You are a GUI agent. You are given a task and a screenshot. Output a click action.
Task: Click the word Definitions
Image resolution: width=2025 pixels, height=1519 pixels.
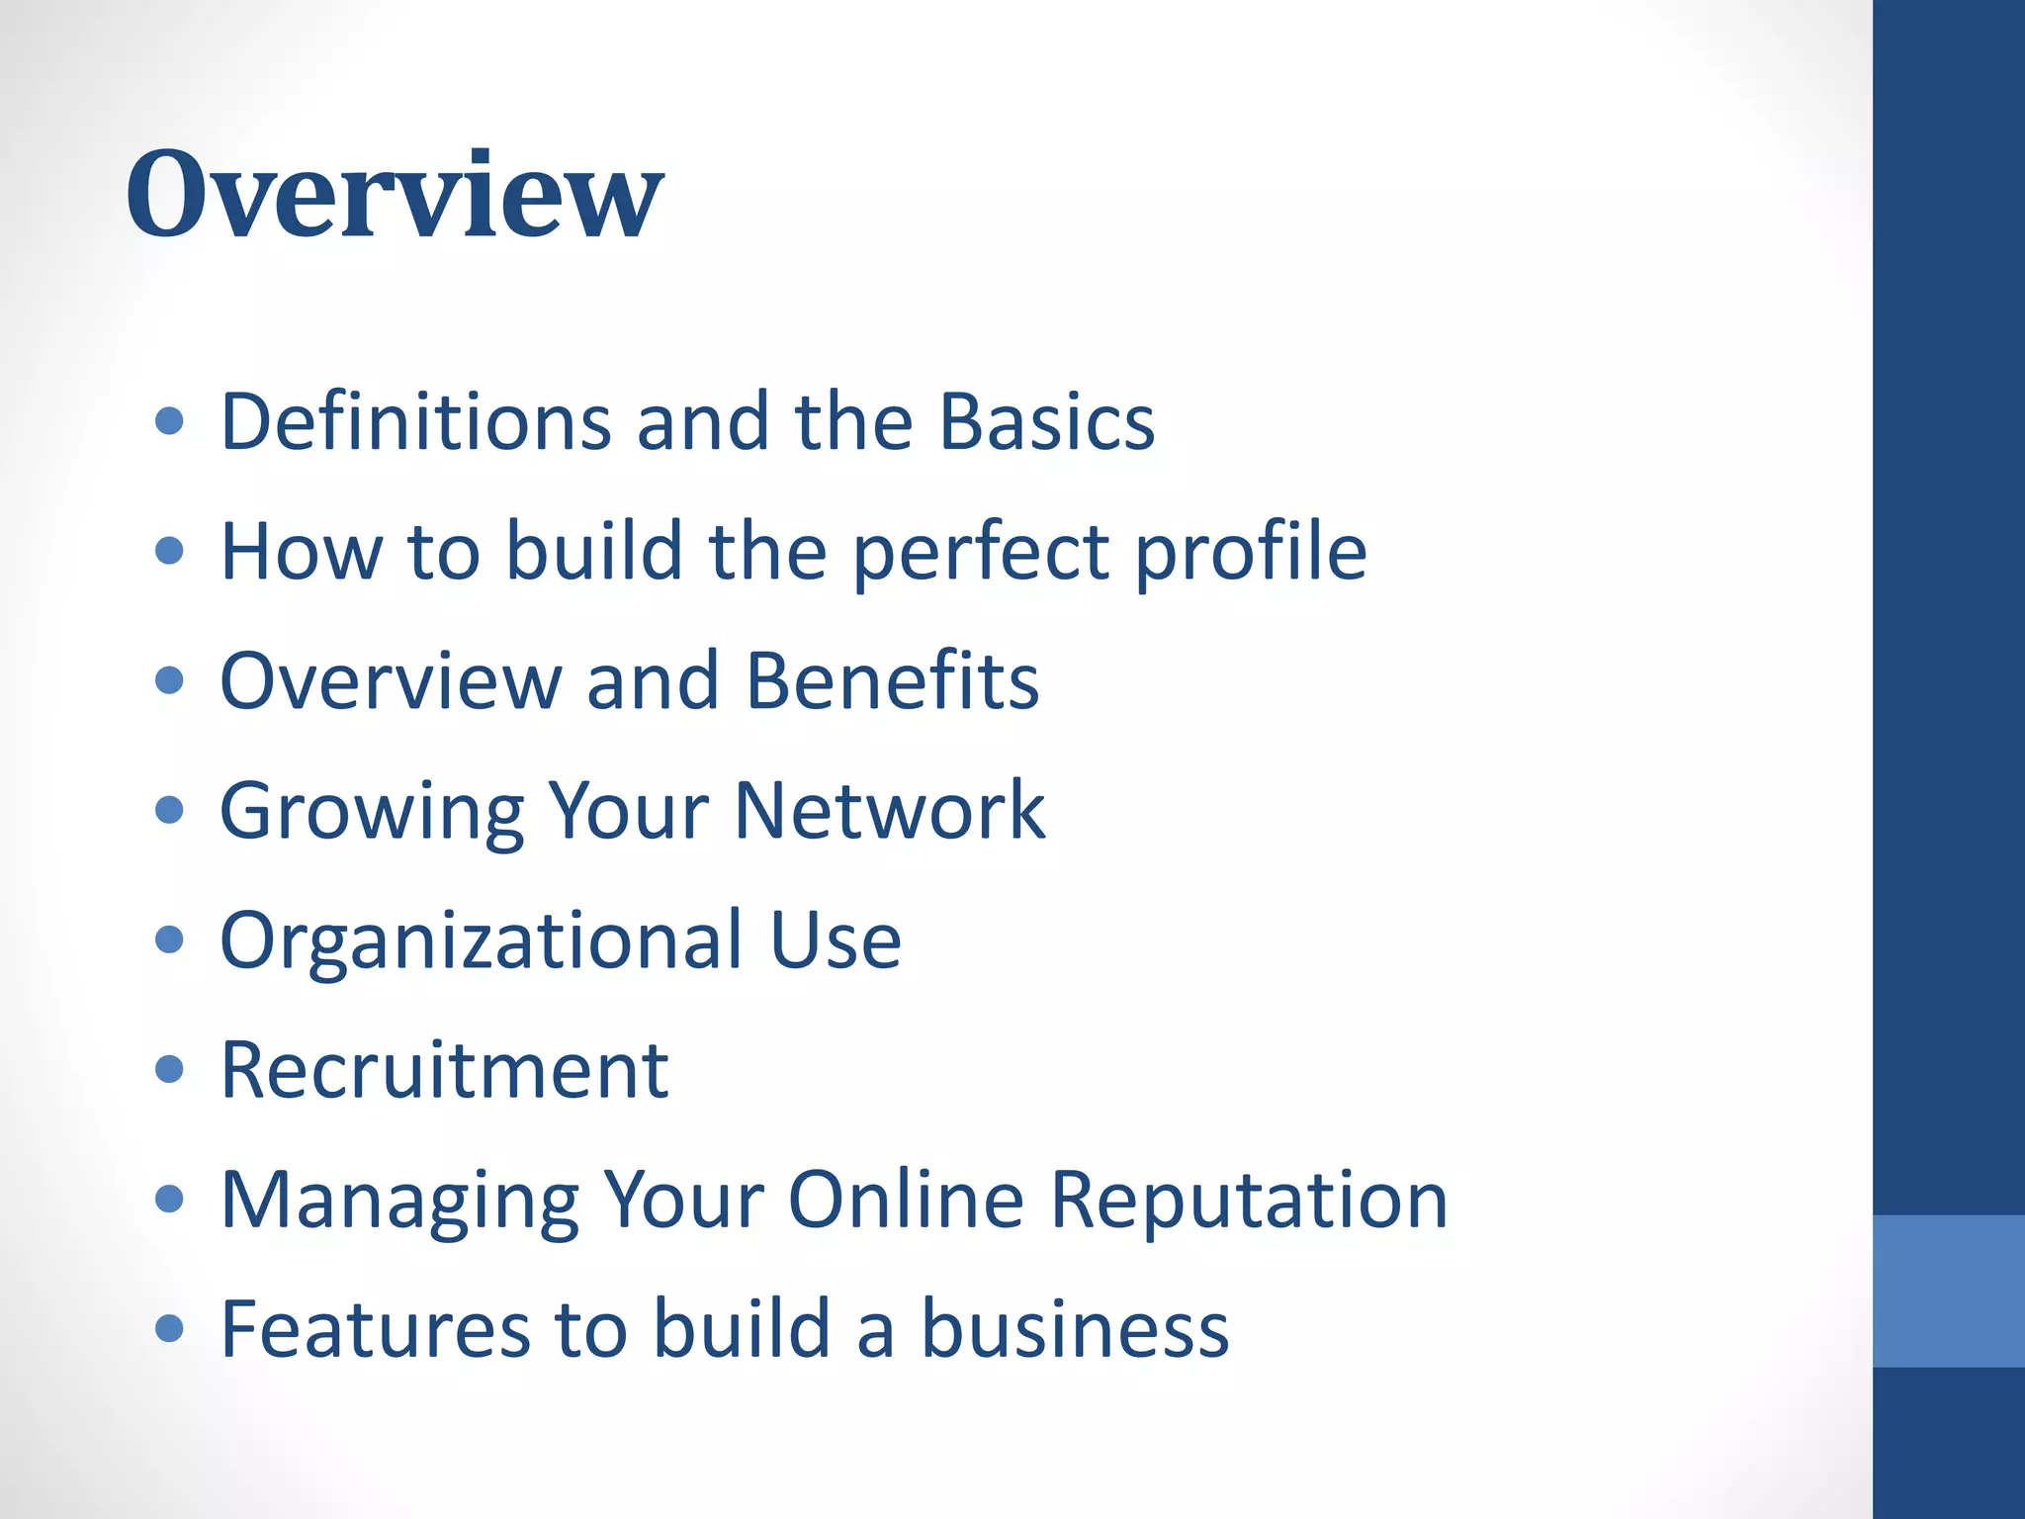coord(415,421)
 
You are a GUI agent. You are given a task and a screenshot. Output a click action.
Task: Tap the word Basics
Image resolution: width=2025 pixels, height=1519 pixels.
coord(1046,421)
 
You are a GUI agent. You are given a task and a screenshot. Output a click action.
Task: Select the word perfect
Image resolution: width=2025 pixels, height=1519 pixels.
coord(981,552)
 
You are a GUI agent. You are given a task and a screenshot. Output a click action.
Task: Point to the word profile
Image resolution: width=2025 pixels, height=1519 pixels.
coord(1250,552)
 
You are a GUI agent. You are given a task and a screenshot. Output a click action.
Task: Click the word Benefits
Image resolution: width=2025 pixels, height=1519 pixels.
coord(892,681)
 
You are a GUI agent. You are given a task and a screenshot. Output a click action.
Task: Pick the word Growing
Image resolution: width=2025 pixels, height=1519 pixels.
coord(371,811)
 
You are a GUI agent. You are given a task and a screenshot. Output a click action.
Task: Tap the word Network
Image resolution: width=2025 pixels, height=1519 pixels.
coord(889,811)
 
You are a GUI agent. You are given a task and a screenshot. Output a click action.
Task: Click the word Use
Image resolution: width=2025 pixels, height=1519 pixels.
coord(835,940)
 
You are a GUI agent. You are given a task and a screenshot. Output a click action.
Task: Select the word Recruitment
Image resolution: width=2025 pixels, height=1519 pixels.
coord(444,1070)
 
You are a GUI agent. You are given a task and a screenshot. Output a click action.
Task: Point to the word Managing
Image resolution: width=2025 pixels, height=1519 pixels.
coord(398,1201)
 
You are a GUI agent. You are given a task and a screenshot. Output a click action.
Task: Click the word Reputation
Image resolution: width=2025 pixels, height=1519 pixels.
coord(1249,1201)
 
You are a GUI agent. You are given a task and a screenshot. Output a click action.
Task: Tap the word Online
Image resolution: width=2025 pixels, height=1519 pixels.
coord(906,1201)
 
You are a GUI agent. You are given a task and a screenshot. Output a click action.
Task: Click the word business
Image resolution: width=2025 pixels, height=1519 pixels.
coord(1075,1330)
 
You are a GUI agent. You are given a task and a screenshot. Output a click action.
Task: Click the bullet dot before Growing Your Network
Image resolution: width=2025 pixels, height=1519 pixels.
coord(170,810)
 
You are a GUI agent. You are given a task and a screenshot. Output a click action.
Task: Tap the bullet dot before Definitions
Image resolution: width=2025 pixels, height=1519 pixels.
coord(170,421)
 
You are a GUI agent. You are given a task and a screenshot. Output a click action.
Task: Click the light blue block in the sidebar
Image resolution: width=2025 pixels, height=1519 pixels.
coord(1948,1291)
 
